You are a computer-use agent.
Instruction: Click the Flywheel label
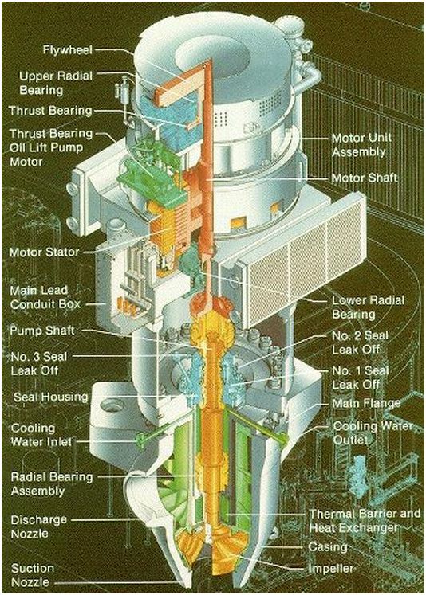coord(67,49)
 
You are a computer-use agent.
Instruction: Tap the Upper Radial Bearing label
coord(56,83)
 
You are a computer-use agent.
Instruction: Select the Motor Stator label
coord(44,252)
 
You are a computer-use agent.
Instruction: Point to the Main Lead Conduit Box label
coord(45,298)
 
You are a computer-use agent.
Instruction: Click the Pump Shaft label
coord(42,330)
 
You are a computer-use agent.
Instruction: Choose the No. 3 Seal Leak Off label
coord(39,363)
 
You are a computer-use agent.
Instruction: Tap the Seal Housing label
coord(50,397)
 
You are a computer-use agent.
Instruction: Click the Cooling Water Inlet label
coord(41,435)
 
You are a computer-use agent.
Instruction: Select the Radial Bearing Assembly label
coord(52,483)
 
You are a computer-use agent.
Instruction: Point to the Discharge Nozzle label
coord(39,526)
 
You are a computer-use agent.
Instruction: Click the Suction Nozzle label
coord(33,575)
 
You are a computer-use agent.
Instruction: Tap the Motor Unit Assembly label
coord(361,145)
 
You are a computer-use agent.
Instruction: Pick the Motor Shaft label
coord(365,178)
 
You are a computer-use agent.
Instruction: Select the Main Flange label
coord(366,403)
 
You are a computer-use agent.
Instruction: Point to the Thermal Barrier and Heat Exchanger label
coord(365,521)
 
